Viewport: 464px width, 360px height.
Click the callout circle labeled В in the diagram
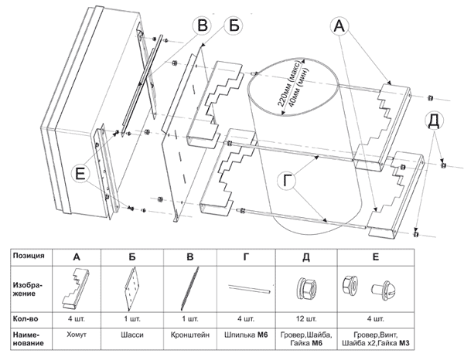pyautogui.click(x=202, y=25)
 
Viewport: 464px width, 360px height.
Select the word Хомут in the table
pyautogui.click(x=77, y=338)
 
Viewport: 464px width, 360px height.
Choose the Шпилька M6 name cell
pyautogui.click(x=248, y=338)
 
